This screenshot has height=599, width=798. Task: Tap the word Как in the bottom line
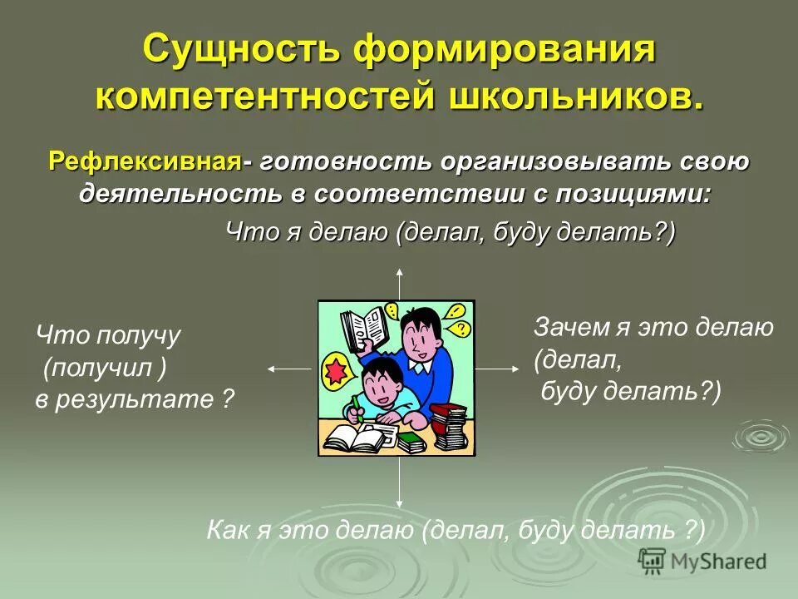[224, 530]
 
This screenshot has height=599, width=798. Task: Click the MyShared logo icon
[651, 561]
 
